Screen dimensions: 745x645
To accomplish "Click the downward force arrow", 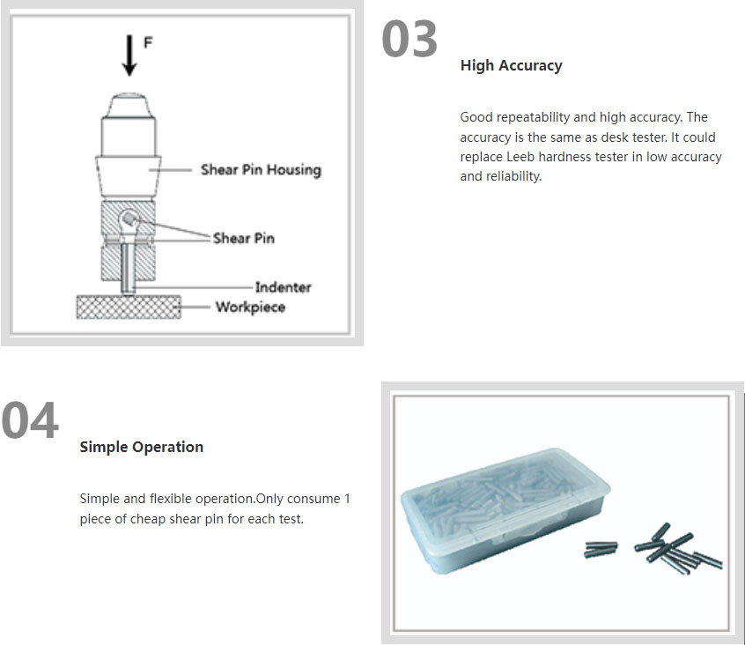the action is tap(129, 56).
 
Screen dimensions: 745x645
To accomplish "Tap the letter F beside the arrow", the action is tap(148, 43).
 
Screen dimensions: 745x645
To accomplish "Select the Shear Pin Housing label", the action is tap(261, 170).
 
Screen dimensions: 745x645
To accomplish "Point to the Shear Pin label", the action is tap(244, 238).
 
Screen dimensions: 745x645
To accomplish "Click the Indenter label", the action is tap(284, 287).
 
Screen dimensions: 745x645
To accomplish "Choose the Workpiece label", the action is tap(250, 307).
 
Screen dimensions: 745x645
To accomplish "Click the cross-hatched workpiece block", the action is tap(129, 307).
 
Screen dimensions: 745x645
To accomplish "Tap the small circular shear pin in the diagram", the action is tap(128, 219).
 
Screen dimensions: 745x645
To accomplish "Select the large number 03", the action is tap(409, 39).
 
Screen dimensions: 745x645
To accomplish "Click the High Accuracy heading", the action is tap(512, 65).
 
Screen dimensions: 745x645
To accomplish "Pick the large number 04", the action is tap(30, 420).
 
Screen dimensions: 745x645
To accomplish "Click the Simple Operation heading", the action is tap(142, 447).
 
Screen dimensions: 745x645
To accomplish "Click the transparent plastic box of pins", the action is tap(505, 509).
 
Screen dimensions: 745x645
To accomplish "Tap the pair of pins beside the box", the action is tap(601, 550).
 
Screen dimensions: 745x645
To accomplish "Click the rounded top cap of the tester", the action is tap(129, 105).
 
